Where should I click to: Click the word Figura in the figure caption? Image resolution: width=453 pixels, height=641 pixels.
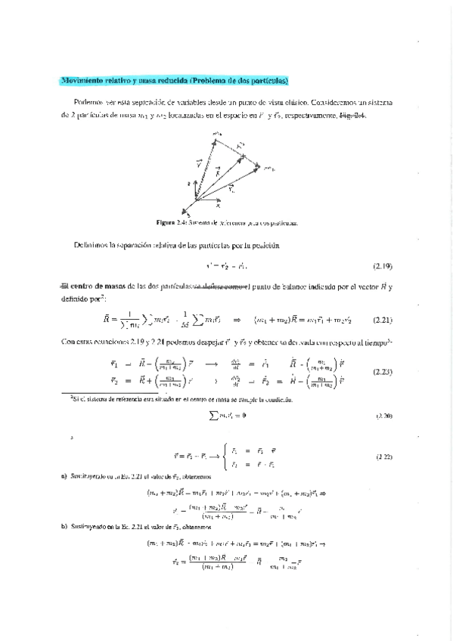pyautogui.click(x=166, y=223)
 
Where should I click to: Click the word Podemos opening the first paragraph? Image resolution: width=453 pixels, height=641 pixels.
pyautogui.click(x=88, y=101)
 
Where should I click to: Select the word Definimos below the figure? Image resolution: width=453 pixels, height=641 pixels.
pyautogui.click(x=92, y=245)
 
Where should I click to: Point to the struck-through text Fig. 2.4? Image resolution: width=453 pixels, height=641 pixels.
pyautogui.click(x=352, y=116)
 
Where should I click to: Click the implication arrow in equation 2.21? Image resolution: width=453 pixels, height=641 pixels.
pyautogui.click(x=236, y=319)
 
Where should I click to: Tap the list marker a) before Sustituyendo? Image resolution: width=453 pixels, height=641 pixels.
pyautogui.click(x=64, y=477)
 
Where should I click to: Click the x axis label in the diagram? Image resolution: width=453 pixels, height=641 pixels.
pyautogui.click(x=218, y=204)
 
